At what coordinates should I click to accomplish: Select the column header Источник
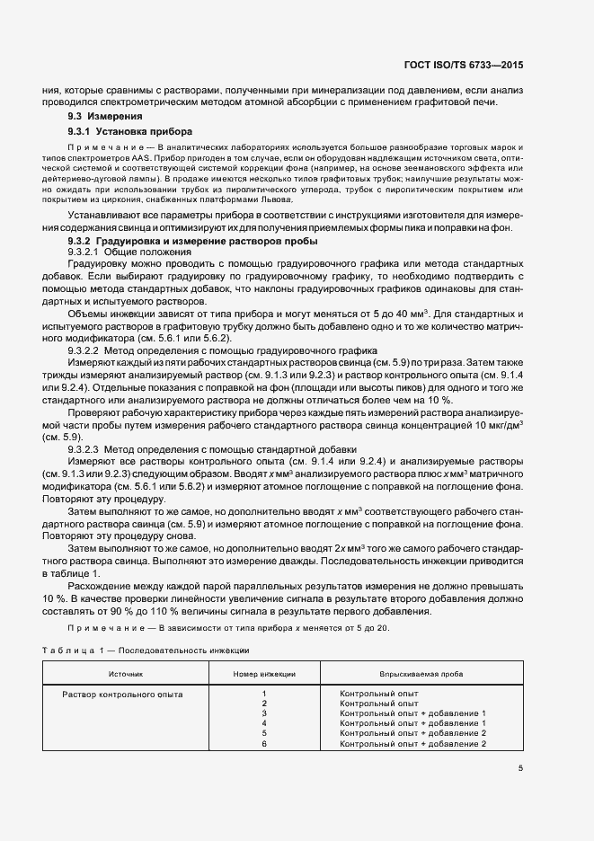pos(126,672)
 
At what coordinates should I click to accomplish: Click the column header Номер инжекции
pos(264,672)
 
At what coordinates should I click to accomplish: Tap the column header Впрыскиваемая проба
pos(413,672)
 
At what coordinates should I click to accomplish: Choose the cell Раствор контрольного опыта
pos(121,695)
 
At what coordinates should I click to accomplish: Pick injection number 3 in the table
pos(264,713)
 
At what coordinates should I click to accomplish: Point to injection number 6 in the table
pos(264,744)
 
